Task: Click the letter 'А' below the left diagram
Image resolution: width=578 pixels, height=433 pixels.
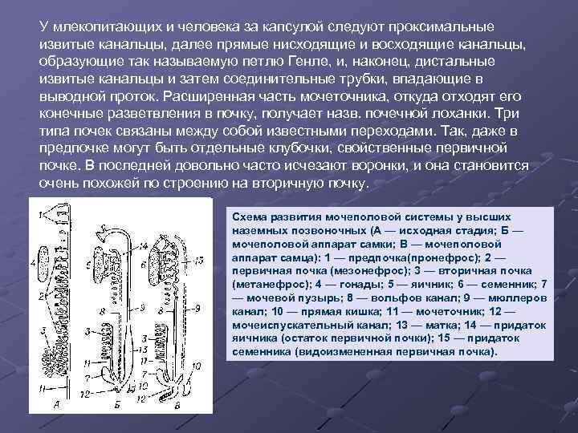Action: tap(57, 405)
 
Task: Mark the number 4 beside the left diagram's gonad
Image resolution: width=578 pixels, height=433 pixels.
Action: tap(34, 262)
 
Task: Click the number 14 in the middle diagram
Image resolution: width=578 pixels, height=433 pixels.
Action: tap(143, 248)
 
